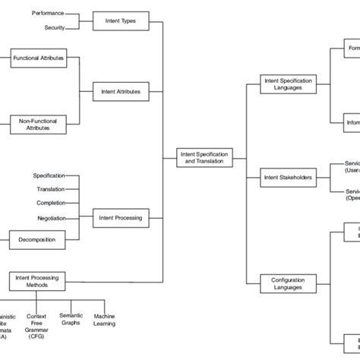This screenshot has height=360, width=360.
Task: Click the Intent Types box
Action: coord(120,21)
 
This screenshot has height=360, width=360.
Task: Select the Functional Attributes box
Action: coord(39,58)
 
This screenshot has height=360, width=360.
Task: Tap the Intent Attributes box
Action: coord(120,91)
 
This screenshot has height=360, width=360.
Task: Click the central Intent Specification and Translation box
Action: coord(204,158)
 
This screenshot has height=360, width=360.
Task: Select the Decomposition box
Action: coord(37,240)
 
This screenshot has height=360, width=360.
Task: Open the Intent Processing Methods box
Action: coord(37,281)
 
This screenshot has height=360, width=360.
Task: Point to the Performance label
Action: coord(49,13)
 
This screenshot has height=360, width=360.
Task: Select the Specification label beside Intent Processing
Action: coord(49,175)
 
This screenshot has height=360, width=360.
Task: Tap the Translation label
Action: coord(51,189)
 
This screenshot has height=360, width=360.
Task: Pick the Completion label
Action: coord(51,203)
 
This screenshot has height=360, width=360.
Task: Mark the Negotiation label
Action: coord(51,218)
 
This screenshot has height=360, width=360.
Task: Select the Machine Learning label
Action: coord(105,319)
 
